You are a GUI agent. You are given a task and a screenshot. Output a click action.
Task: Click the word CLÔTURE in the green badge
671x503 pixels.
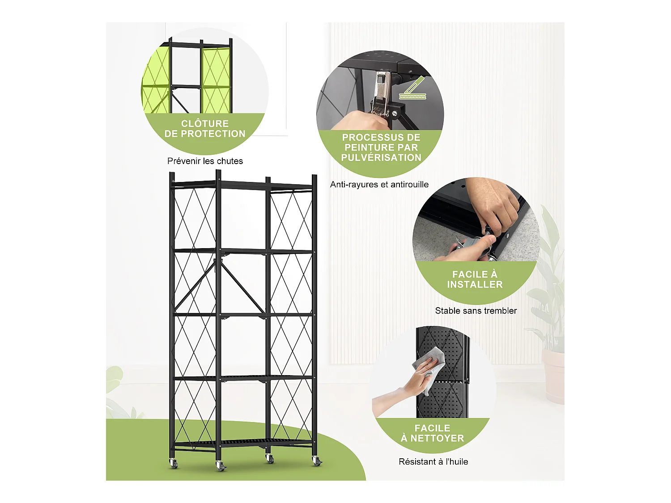[205, 123]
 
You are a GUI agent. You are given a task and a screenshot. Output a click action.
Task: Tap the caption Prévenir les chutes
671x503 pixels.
[205, 161]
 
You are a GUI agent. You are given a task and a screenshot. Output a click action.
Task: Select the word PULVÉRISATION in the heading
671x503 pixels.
[381, 157]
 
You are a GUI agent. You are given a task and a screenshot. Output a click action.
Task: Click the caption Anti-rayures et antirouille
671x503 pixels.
[379, 184]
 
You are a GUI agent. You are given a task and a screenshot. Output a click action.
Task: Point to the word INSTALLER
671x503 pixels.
[475, 284]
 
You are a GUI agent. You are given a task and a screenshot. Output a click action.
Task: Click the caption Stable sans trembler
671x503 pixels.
[476, 311]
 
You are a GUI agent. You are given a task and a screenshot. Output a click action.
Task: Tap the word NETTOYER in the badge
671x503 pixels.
[437, 438]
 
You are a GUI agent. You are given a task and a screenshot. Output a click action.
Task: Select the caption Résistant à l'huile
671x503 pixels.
[433, 461]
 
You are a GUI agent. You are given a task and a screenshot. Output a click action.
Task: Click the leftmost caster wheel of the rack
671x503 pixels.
[173, 464]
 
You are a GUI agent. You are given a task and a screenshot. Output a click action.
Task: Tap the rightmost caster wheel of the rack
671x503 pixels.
[317, 461]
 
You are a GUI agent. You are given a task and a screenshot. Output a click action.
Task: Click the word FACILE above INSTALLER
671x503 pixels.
[475, 274]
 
